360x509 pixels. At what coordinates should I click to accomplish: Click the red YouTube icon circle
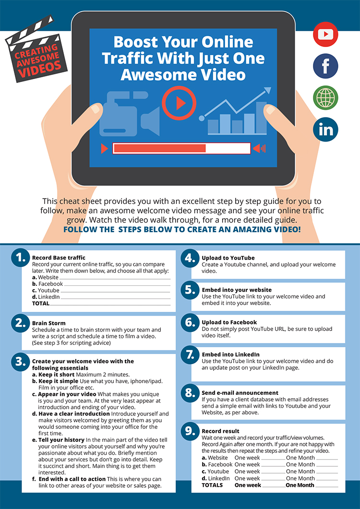click(x=325, y=34)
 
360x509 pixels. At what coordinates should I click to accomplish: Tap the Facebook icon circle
click(x=325, y=66)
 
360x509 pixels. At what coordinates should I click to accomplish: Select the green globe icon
click(x=325, y=98)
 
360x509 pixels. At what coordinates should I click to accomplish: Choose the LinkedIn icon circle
click(x=325, y=130)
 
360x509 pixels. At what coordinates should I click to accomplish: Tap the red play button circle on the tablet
click(x=179, y=104)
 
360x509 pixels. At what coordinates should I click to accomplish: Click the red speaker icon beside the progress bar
click(x=259, y=148)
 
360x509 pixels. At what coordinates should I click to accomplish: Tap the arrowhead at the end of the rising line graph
click(x=268, y=90)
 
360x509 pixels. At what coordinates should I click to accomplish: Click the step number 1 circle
click(x=21, y=259)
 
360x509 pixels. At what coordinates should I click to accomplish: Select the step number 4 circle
click(x=190, y=259)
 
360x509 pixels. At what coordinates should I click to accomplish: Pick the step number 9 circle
click(x=190, y=431)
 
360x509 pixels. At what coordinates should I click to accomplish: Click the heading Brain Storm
click(x=49, y=323)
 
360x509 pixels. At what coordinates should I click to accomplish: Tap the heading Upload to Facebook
click(x=229, y=322)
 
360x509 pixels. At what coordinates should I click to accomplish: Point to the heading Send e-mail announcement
click(x=240, y=393)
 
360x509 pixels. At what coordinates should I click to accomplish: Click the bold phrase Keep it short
click(x=56, y=375)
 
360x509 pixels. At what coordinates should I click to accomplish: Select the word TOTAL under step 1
click(x=41, y=304)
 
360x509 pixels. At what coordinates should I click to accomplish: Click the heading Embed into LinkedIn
click(x=231, y=355)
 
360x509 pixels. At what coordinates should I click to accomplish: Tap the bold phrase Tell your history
click(x=61, y=440)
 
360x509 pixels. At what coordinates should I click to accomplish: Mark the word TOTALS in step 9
click(x=212, y=485)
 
